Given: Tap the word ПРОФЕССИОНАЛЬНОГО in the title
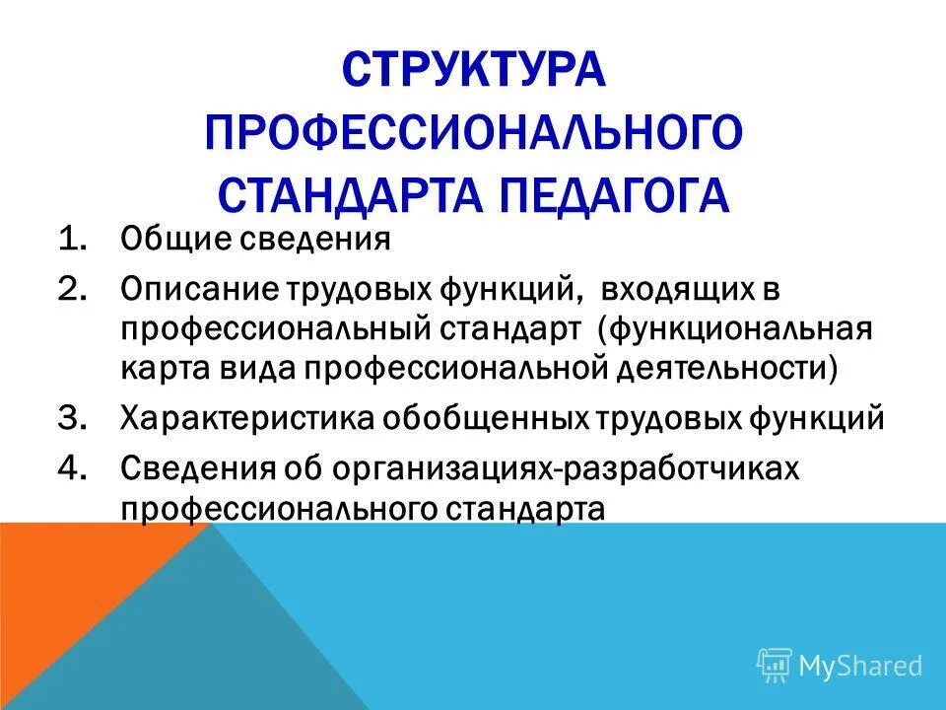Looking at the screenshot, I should point(473,133).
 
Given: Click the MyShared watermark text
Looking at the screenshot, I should point(860,666).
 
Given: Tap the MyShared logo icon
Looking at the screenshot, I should point(775,665).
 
